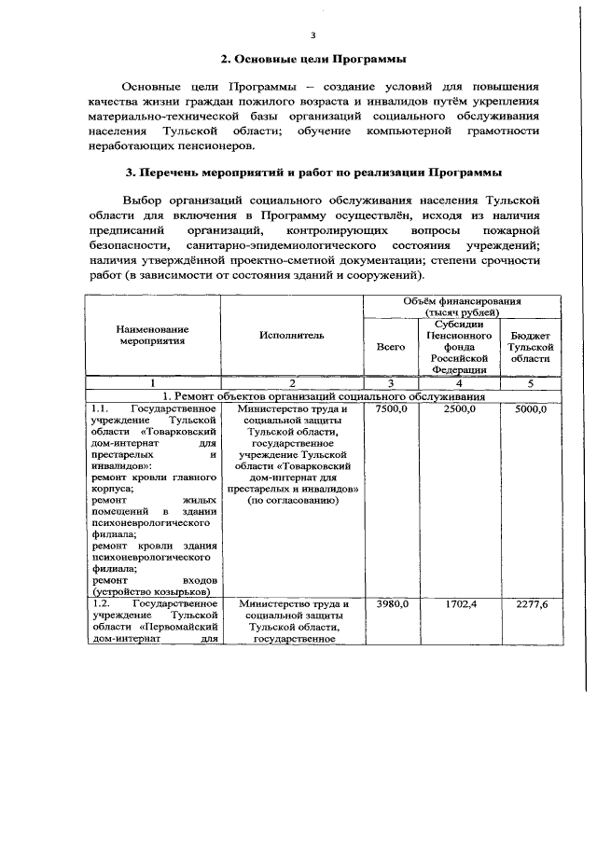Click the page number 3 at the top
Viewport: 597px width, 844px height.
[x=313, y=35]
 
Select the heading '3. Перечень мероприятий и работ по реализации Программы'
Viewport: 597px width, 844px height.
[x=312, y=173]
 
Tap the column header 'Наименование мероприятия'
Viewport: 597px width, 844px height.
[x=153, y=336]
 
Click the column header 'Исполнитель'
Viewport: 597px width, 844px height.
[x=293, y=336]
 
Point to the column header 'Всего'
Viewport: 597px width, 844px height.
[x=390, y=346]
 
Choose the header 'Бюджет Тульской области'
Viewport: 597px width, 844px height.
[x=530, y=346]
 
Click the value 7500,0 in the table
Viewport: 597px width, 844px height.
[x=390, y=409]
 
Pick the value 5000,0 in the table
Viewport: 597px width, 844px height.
[x=530, y=409]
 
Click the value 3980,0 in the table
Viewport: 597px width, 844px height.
[x=390, y=605]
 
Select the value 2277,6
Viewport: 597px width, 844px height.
[x=530, y=605]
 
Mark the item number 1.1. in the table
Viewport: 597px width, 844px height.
[x=103, y=408]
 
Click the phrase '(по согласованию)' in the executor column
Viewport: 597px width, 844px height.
[x=293, y=500]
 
